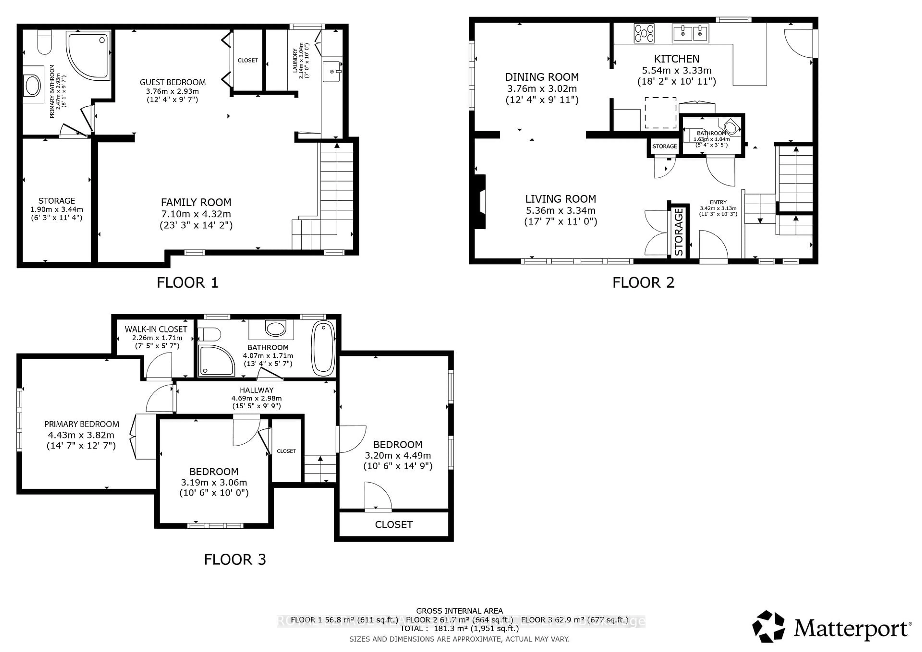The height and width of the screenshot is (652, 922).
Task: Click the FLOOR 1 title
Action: (x=187, y=283)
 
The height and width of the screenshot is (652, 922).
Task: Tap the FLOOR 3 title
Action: (x=235, y=560)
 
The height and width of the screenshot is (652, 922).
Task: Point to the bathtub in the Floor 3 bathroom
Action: (x=323, y=348)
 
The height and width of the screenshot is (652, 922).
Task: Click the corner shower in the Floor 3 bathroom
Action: (x=216, y=360)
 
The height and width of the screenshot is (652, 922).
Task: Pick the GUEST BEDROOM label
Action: (x=173, y=82)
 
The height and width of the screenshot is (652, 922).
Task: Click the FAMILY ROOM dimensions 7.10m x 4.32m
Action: (x=196, y=214)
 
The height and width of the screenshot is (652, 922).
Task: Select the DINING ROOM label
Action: (x=542, y=77)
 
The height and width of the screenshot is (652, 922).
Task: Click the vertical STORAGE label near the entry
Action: (x=679, y=232)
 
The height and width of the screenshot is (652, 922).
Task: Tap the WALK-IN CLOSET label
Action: (x=156, y=329)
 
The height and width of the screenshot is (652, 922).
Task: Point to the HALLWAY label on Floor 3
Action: (x=257, y=390)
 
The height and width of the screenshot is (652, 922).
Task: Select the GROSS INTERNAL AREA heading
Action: (x=459, y=611)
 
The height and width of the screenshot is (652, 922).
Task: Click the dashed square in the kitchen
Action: (x=661, y=113)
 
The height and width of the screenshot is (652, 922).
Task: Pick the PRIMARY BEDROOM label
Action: (x=82, y=424)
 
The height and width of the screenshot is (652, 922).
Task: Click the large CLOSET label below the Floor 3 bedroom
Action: (x=394, y=524)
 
